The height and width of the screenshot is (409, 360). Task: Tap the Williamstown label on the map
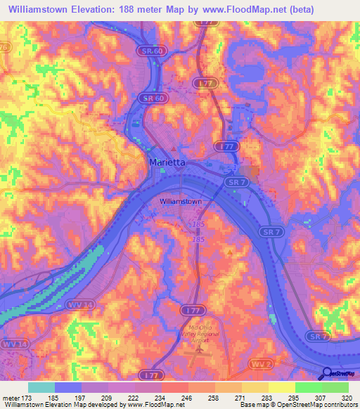(x=181, y=201)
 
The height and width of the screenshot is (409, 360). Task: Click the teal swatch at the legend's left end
(x=41, y=387)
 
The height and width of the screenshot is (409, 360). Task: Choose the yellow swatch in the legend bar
(x=282, y=387)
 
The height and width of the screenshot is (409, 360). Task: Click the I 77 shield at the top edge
(x=205, y=23)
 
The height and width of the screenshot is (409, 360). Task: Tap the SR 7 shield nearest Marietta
(x=236, y=181)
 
